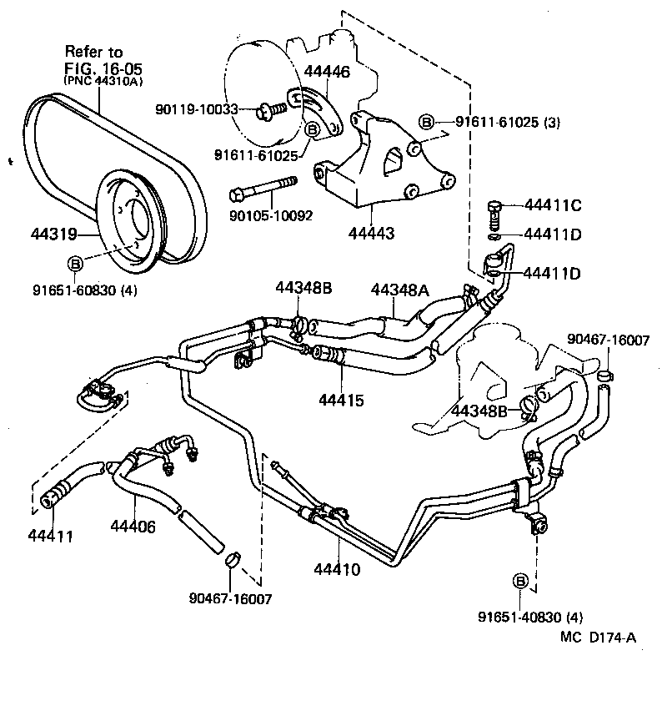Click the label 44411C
tap(552, 204)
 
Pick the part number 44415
tap(341, 401)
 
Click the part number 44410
tap(337, 570)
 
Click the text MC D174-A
tap(598, 638)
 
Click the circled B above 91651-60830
tap(74, 265)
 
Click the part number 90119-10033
tap(198, 108)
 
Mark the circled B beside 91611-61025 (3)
tap(426, 123)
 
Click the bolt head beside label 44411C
tap(495, 204)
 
